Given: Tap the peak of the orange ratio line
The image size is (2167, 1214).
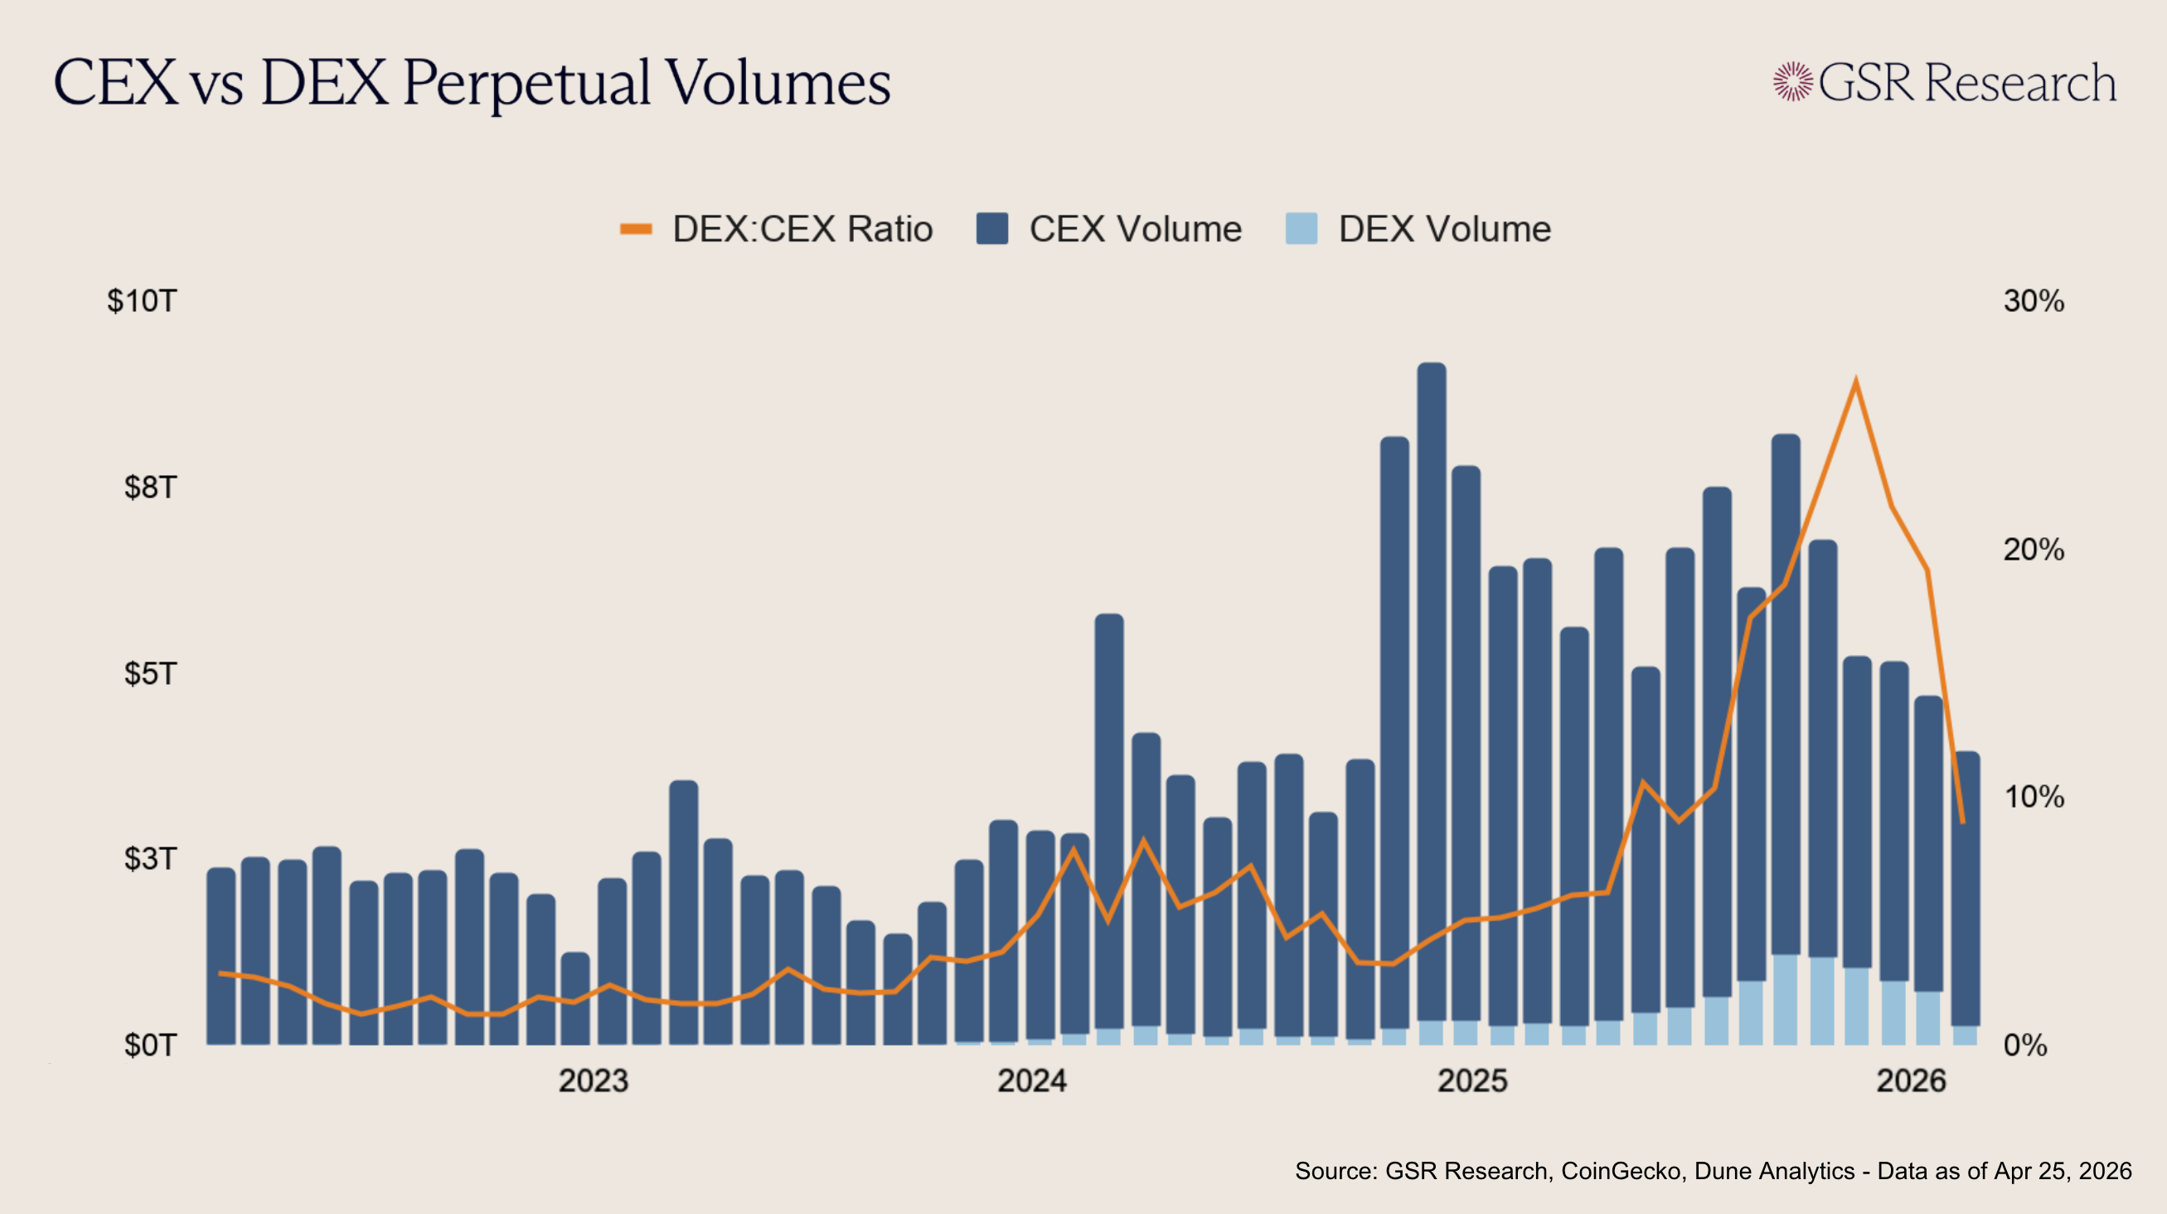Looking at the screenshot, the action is pos(1856,382).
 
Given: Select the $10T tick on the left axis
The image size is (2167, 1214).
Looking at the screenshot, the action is pos(141,301).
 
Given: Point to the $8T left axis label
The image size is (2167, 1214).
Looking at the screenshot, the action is pos(151,487).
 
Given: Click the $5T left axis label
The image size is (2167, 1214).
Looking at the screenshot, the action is pos(151,673).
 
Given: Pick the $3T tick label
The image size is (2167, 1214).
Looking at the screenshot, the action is pos(151,859).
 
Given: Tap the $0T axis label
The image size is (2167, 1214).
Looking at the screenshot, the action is pos(151,1045).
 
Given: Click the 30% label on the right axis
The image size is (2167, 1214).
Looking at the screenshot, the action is pos(2034,301).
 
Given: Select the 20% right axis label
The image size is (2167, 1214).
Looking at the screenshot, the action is pos(2034,550).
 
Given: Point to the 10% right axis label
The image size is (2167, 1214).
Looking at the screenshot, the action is pos(2034,797).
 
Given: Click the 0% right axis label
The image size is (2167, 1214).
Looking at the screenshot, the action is pos(2026,1045).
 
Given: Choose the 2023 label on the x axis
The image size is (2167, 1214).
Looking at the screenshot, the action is pos(594,1081).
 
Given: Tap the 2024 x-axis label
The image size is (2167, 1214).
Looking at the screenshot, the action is pos(1032,1081).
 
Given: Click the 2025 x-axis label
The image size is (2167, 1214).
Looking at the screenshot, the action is pos(1472,1081).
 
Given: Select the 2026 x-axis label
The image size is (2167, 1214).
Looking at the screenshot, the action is pos(1912,1081).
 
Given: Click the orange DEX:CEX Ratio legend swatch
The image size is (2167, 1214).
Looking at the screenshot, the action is pos(636,229).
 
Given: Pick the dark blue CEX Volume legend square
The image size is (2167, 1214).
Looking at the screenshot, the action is pos(992,229).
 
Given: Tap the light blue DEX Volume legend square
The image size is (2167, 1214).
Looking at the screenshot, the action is pos(1302,229).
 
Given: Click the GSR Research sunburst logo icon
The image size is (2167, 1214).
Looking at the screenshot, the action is pos(1792,81).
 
